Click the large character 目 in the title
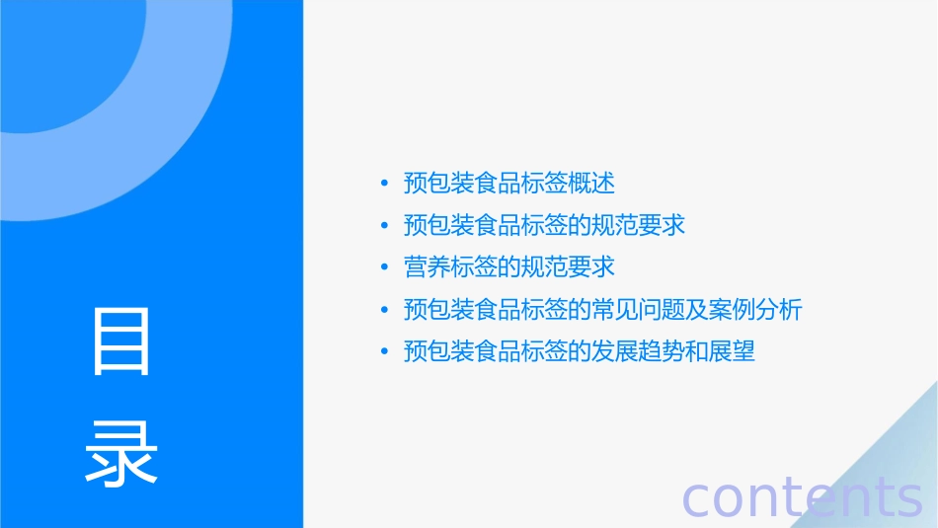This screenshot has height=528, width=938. coord(121,341)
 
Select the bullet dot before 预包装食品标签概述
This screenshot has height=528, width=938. coord(384,184)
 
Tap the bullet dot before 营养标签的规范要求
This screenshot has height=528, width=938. coord(384,267)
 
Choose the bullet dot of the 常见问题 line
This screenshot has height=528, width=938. coord(384,310)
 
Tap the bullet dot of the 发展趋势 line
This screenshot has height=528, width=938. coord(384,352)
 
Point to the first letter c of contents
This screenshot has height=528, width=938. coord(698,499)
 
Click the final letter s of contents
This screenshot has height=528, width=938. coord(908,499)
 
